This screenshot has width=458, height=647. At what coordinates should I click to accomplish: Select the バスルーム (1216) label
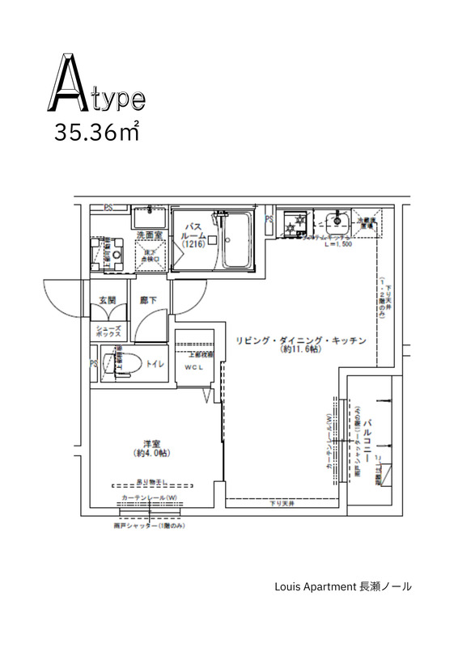point(194,235)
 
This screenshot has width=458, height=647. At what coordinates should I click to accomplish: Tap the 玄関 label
point(108,300)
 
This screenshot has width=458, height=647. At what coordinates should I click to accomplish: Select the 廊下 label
point(148,300)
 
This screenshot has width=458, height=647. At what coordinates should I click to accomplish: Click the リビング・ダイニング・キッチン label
point(302,340)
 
